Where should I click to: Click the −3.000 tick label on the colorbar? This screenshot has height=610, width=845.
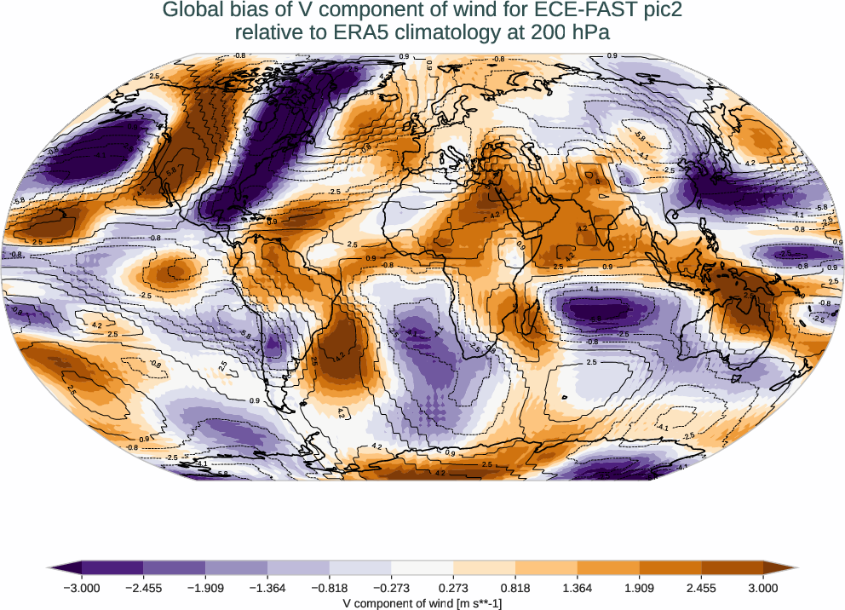[x=82, y=588]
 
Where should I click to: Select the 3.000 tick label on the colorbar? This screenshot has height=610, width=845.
[x=763, y=588]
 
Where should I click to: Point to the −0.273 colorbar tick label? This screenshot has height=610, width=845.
[x=391, y=588]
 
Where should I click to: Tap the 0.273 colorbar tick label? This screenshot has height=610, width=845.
[x=453, y=588]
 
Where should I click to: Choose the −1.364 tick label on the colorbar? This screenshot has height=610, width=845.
[x=267, y=588]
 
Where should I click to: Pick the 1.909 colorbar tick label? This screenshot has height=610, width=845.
[x=639, y=588]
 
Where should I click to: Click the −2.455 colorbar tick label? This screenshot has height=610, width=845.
[x=143, y=588]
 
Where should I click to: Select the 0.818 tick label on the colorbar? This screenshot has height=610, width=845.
[x=515, y=588]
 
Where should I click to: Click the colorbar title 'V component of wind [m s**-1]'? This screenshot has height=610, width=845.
[x=422, y=603]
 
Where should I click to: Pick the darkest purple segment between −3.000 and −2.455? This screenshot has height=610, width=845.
[x=112, y=567]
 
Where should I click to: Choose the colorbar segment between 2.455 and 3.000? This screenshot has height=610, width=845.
[x=733, y=567]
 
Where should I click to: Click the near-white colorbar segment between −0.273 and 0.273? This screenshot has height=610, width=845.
[x=422, y=567]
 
